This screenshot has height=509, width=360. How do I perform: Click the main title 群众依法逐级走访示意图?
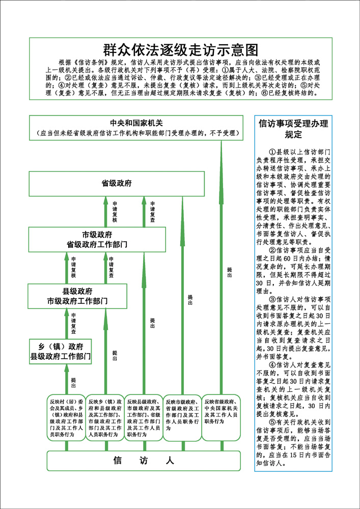point(180,50)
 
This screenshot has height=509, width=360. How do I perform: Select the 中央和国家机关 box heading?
point(136,123)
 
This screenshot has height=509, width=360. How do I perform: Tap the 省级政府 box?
point(116,183)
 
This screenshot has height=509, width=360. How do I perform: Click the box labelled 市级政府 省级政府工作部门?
point(97,240)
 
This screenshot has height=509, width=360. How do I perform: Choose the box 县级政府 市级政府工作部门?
point(77,296)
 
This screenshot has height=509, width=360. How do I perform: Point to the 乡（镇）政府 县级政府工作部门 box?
point(60,351)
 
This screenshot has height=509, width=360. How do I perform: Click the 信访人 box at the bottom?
point(143,461)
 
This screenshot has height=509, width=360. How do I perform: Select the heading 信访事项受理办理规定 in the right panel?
point(293,129)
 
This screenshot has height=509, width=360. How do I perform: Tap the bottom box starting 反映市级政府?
point(182,415)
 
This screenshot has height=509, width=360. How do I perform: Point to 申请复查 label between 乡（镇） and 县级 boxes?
point(74,323)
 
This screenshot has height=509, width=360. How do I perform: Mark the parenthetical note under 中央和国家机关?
point(136,133)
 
